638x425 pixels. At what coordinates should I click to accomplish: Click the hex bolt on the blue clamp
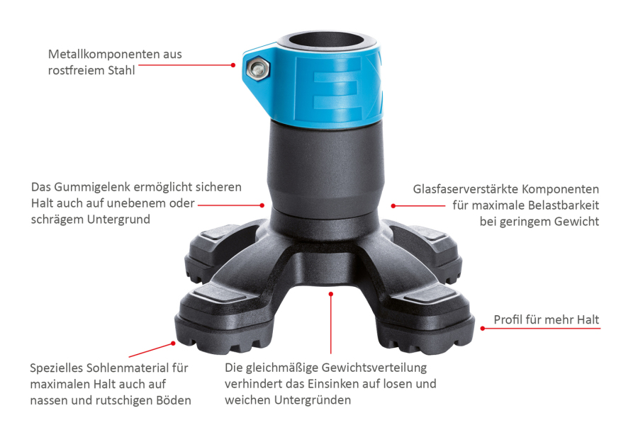[x=258, y=69]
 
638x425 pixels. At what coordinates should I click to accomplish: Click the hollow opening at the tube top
[x=326, y=40]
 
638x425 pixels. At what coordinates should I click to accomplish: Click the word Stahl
[x=121, y=70]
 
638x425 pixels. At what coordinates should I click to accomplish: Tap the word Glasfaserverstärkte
[x=466, y=190]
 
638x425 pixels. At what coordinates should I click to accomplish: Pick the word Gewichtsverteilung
[x=374, y=368]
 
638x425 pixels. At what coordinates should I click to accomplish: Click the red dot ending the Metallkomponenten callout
[x=233, y=65]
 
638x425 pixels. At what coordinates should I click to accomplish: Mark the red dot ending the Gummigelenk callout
[x=262, y=205]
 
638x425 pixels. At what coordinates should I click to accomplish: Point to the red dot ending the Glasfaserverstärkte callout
[x=393, y=206]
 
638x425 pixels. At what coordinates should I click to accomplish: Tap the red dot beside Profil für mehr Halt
[x=483, y=328]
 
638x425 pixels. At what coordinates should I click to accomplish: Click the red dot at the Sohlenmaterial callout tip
[x=173, y=344]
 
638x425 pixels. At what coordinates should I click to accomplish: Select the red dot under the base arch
[x=331, y=294]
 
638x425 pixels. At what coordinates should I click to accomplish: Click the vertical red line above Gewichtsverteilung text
[x=331, y=324]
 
